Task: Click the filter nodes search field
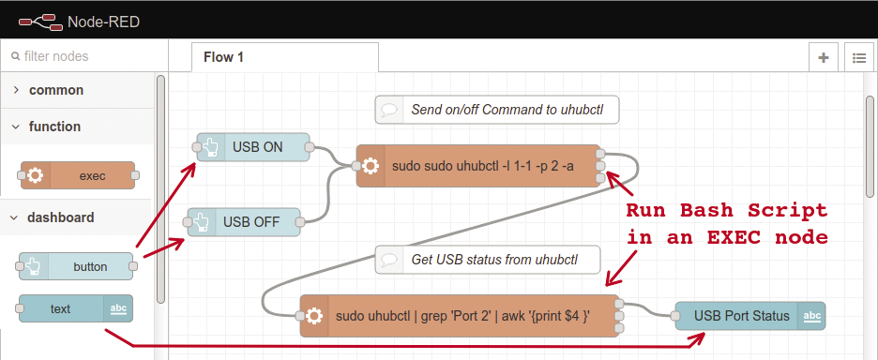[84, 56]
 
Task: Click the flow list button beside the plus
[857, 57]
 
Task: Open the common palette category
[56, 90]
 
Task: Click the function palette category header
[54, 127]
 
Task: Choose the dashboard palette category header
[60, 217]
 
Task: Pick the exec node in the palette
[79, 175]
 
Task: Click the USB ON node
[252, 147]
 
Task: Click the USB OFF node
[243, 222]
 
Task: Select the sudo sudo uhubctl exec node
[478, 166]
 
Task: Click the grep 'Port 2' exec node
[460, 316]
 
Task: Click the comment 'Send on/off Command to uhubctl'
[497, 110]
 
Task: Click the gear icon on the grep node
[314, 316]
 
